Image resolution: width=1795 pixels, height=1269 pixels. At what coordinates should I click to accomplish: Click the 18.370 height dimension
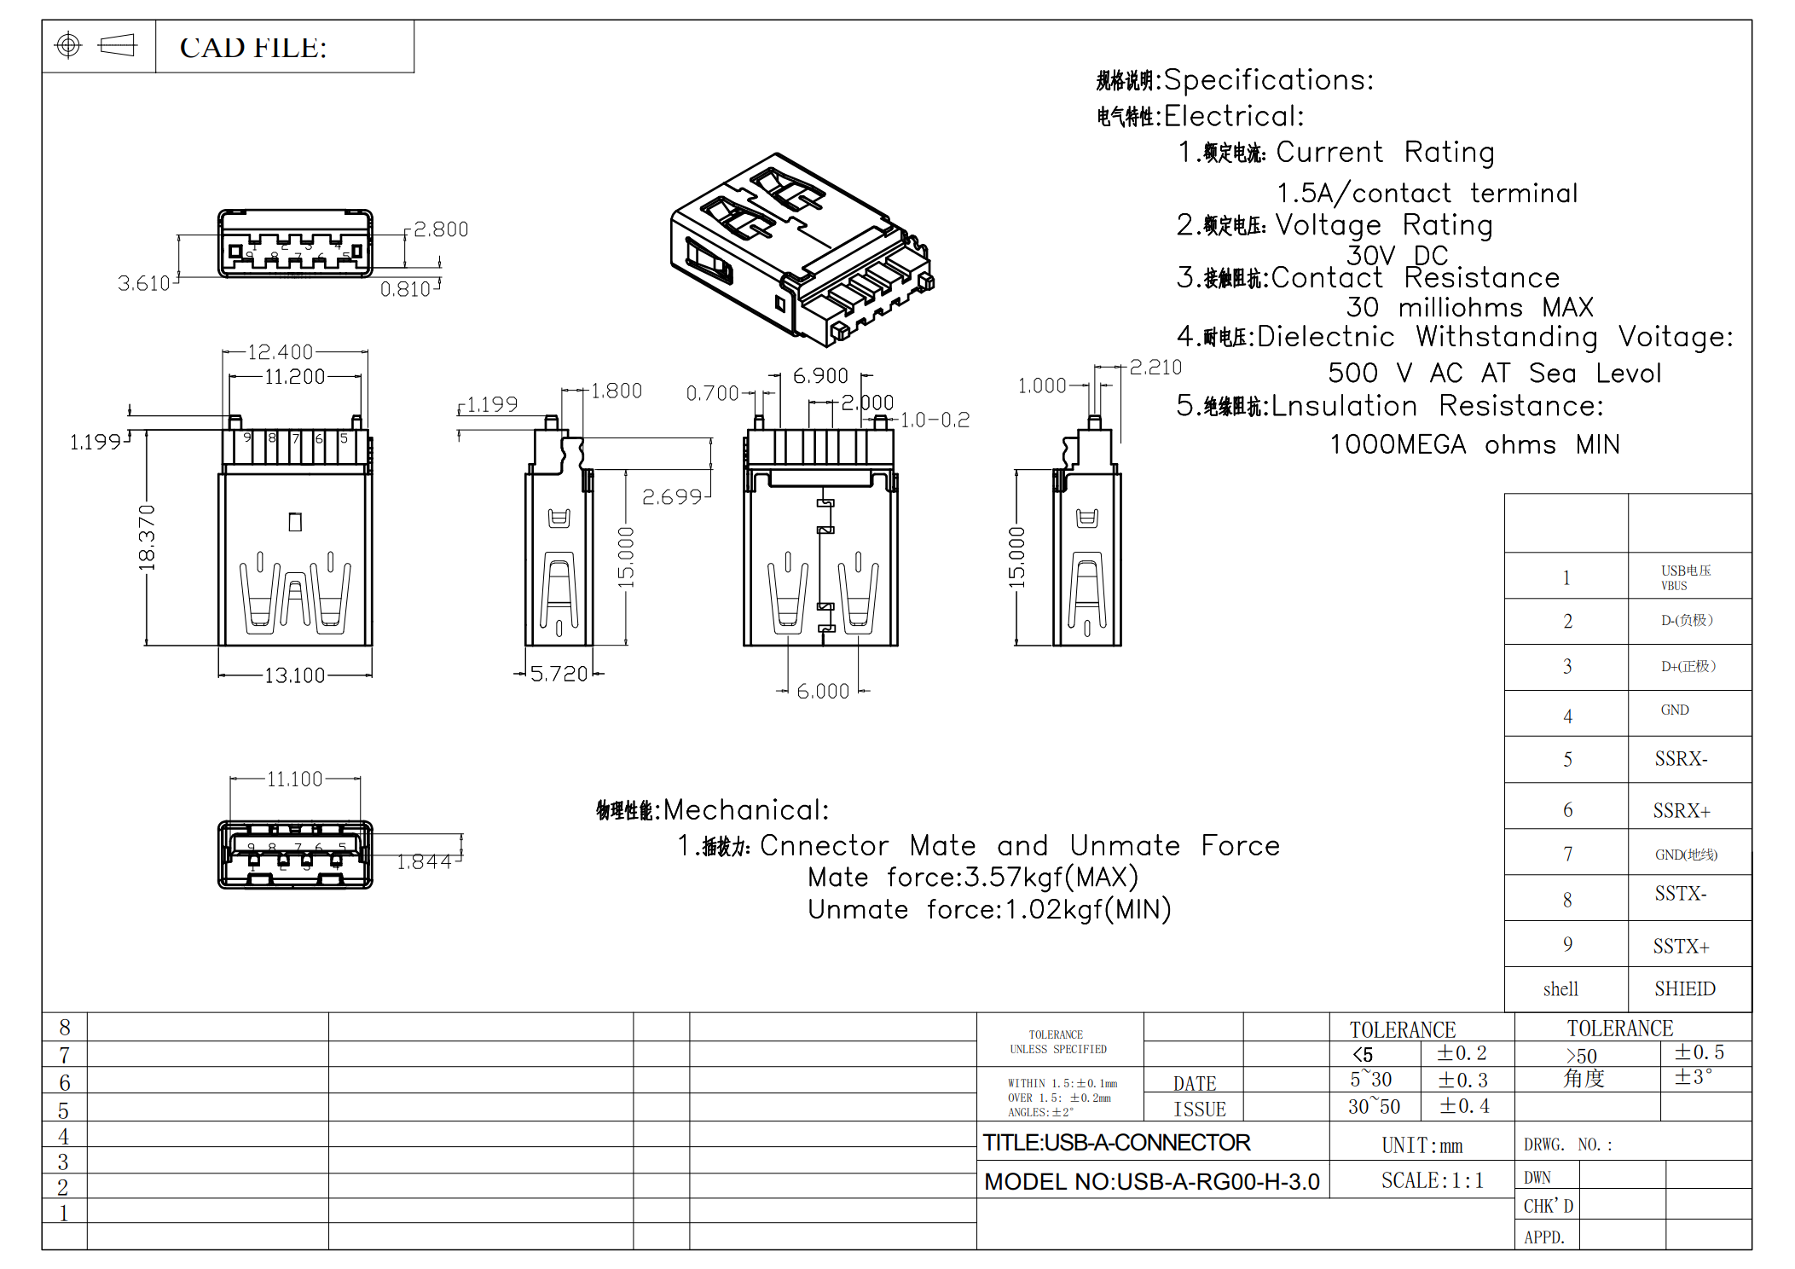click(147, 537)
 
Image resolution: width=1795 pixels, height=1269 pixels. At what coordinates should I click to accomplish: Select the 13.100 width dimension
click(294, 675)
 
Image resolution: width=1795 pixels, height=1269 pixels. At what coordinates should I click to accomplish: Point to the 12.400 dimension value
click(280, 352)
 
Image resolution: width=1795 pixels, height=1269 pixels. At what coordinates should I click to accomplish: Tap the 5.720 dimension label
click(559, 674)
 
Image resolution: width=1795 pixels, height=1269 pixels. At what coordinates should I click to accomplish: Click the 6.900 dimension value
click(820, 376)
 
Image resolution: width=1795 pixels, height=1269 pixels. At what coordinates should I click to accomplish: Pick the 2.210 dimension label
click(1155, 368)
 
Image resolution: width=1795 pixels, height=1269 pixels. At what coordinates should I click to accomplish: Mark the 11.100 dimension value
click(294, 779)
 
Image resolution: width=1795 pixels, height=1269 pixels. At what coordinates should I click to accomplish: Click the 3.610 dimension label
click(143, 283)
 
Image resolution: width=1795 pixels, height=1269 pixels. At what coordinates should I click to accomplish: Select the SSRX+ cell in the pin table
click(1682, 810)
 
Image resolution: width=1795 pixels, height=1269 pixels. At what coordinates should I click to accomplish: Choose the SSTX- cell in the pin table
click(1681, 894)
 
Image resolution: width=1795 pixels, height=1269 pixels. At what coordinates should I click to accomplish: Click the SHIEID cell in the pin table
click(1685, 988)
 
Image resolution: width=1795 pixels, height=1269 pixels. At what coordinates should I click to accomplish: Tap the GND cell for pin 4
click(1675, 710)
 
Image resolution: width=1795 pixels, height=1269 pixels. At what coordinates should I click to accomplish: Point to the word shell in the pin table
click(1560, 988)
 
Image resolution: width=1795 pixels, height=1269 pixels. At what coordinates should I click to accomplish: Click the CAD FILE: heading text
click(253, 48)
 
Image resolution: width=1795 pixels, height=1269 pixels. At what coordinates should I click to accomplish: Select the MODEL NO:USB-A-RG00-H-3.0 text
click(1151, 1181)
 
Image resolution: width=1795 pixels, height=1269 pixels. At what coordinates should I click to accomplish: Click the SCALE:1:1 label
click(1433, 1180)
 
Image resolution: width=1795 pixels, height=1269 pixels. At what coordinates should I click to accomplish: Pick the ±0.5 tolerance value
click(1699, 1052)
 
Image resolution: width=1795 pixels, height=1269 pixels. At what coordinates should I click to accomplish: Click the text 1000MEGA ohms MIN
click(1474, 444)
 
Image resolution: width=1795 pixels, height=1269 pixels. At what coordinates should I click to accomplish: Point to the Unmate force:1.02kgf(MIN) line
click(989, 909)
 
